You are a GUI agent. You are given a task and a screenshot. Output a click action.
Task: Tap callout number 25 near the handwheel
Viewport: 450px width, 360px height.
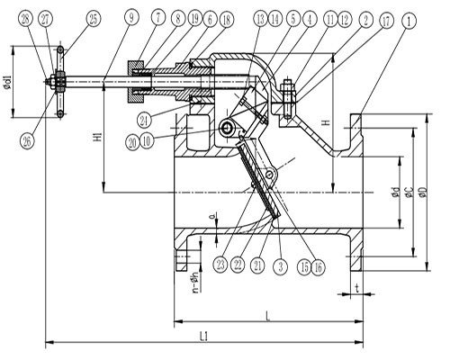click(93, 18)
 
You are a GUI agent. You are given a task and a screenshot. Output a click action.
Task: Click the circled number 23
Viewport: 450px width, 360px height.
click(220, 264)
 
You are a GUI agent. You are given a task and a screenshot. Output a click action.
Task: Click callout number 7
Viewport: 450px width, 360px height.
click(157, 18)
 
